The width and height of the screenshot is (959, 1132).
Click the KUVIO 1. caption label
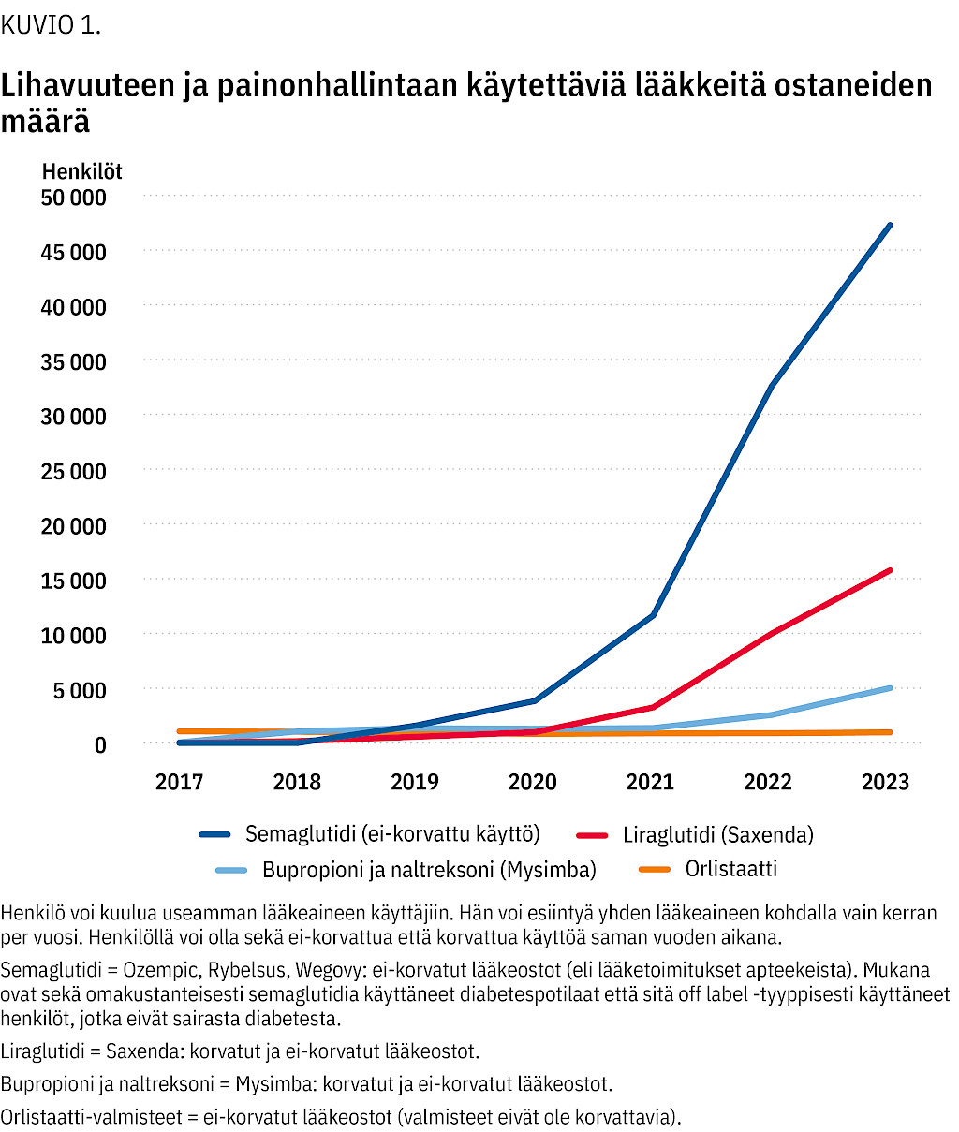tap(51, 25)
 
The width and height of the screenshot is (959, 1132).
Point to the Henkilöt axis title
tap(81, 171)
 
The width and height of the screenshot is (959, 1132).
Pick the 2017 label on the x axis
tap(179, 782)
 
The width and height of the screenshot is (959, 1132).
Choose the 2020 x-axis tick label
tap(532, 782)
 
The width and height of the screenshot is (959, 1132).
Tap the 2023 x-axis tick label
tap(885, 782)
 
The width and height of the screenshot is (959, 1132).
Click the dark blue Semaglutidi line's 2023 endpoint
tap(890, 226)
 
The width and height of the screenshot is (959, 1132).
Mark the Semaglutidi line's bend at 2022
tap(771, 387)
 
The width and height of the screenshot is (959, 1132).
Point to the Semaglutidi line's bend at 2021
tap(653, 615)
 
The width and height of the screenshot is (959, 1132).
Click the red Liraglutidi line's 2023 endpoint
tap(890, 570)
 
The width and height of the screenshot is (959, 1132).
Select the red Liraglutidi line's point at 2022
tap(771, 634)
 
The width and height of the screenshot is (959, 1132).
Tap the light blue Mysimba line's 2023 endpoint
tap(890, 688)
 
